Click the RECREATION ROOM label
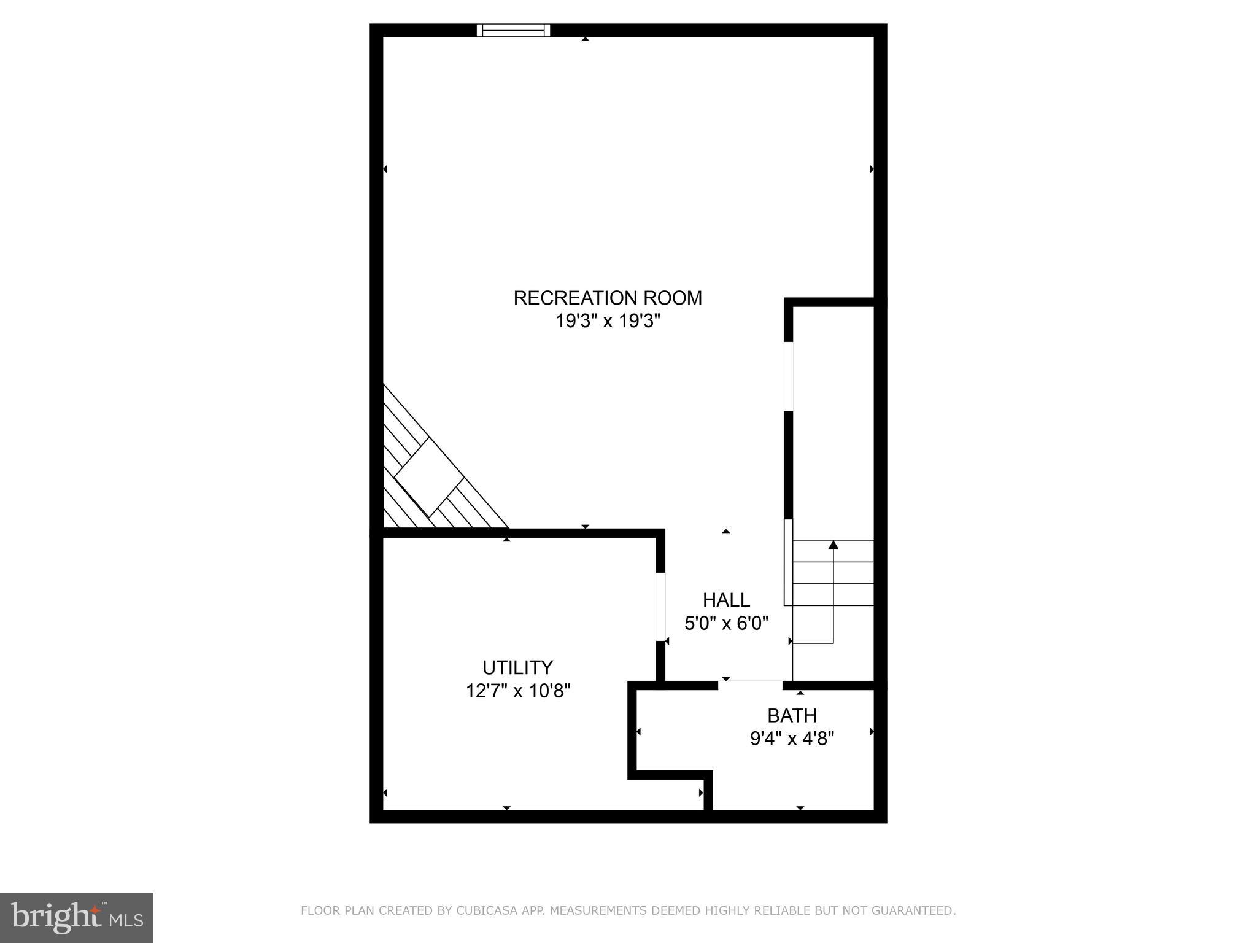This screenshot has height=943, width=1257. pyautogui.click(x=608, y=298)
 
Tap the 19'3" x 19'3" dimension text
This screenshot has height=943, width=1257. pyautogui.click(x=608, y=321)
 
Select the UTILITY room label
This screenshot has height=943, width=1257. pyautogui.click(x=517, y=667)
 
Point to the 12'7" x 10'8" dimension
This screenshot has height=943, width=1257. pyautogui.click(x=518, y=691)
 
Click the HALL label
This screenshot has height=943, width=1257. pyautogui.click(x=726, y=600)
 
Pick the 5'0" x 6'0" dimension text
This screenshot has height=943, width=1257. pyautogui.click(x=727, y=623)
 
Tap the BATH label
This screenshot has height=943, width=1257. pyautogui.click(x=792, y=715)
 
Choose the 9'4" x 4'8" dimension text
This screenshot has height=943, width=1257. pyautogui.click(x=792, y=738)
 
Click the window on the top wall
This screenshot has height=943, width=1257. pyautogui.click(x=513, y=30)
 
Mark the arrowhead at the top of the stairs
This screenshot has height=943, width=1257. pyautogui.click(x=833, y=545)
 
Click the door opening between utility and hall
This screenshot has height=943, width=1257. pyautogui.click(x=660, y=607)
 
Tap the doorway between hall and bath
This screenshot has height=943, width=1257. pyautogui.click(x=751, y=684)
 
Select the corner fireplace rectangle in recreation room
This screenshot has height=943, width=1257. pyautogui.click(x=428, y=478)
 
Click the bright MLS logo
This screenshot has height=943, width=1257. pyautogui.click(x=76, y=918)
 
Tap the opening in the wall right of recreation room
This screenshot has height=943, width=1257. pyautogui.click(x=789, y=376)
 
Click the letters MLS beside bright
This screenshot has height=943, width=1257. pyautogui.click(x=126, y=920)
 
